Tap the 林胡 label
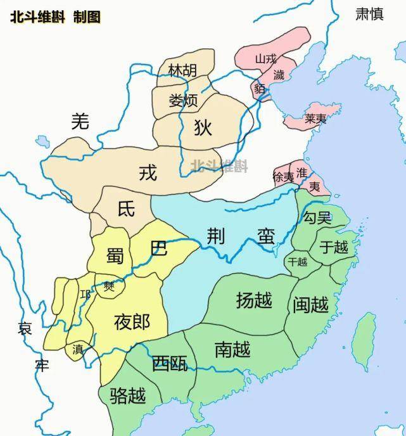(182, 71)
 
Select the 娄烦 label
(183, 100)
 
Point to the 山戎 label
(266, 59)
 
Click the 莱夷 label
(315, 119)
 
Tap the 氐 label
(127, 209)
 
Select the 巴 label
(159, 247)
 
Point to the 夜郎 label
(132, 322)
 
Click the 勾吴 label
(317, 218)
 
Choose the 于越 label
(334, 247)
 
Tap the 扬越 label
(254, 300)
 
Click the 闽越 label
(311, 305)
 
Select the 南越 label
(232, 349)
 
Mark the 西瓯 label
(169, 363)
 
